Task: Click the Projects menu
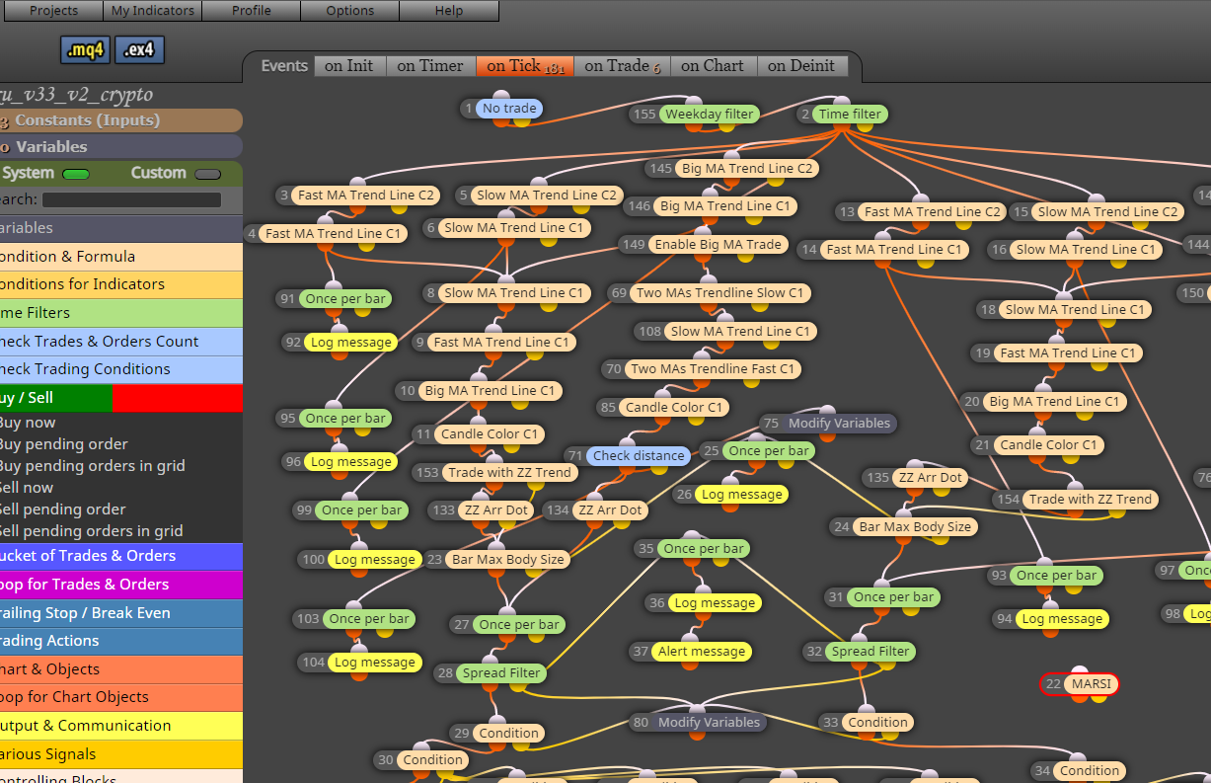point(53,11)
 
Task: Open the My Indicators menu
point(152,11)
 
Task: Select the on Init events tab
point(348,66)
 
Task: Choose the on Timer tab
point(429,66)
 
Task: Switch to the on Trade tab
point(621,66)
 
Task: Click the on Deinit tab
point(800,66)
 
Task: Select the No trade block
point(508,109)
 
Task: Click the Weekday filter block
point(708,114)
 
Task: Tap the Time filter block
point(849,114)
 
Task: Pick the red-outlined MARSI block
point(1091,683)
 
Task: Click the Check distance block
point(638,455)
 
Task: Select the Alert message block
point(701,651)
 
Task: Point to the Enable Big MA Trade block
point(718,244)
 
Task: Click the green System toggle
point(75,174)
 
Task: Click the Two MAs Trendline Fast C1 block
point(712,368)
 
